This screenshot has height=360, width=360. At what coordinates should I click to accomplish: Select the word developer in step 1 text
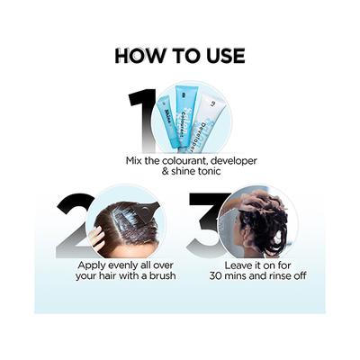click(234, 161)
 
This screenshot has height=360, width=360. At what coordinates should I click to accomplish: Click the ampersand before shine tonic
click(166, 172)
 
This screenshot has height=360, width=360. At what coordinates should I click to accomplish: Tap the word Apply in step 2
click(90, 265)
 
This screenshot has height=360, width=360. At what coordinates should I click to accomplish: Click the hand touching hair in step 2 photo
click(97, 238)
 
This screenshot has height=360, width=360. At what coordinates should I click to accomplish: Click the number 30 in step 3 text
click(215, 275)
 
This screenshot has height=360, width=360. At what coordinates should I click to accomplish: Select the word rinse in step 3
click(276, 275)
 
